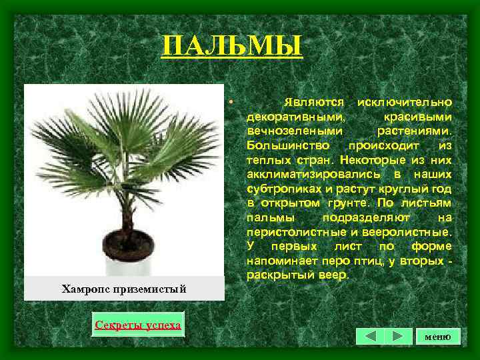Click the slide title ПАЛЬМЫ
click(231, 47)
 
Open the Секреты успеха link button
click(137, 325)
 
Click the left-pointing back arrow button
click(370, 336)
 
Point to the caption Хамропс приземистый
click(123, 289)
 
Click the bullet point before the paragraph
click(229, 102)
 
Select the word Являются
click(313, 102)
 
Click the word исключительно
click(405, 102)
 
